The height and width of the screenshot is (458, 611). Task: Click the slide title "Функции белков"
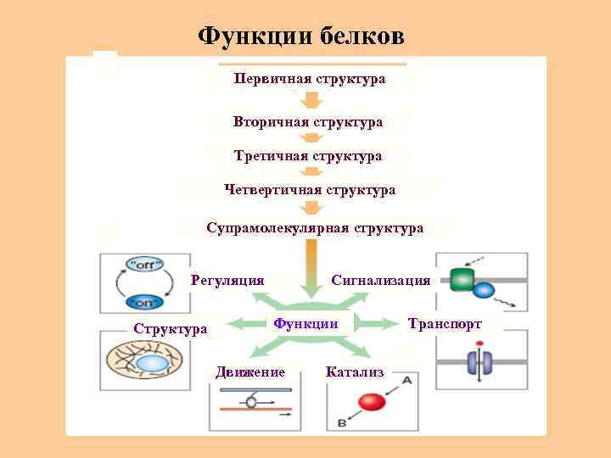coord(301,36)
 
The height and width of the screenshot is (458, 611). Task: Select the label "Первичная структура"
coord(310,78)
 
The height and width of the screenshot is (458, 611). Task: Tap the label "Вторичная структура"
coord(308,122)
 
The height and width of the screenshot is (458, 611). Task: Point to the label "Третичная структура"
coord(308,156)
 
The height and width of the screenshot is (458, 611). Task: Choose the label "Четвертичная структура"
coord(310,190)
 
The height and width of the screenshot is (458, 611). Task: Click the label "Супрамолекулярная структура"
coord(315,228)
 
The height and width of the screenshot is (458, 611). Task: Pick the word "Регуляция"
coord(227,280)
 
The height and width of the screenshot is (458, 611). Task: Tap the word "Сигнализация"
coord(380,280)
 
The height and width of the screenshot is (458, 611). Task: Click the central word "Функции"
coord(305,323)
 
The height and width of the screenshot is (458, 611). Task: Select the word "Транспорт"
coord(445,324)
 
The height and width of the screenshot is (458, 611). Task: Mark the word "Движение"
coord(250,372)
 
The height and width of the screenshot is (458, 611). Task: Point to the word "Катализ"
coord(355,372)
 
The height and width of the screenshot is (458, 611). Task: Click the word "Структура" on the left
coord(170,328)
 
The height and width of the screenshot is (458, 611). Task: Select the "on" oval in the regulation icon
coord(143,303)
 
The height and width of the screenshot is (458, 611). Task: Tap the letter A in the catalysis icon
coord(406,381)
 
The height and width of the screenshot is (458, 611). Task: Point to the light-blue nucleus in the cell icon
coord(151,364)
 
